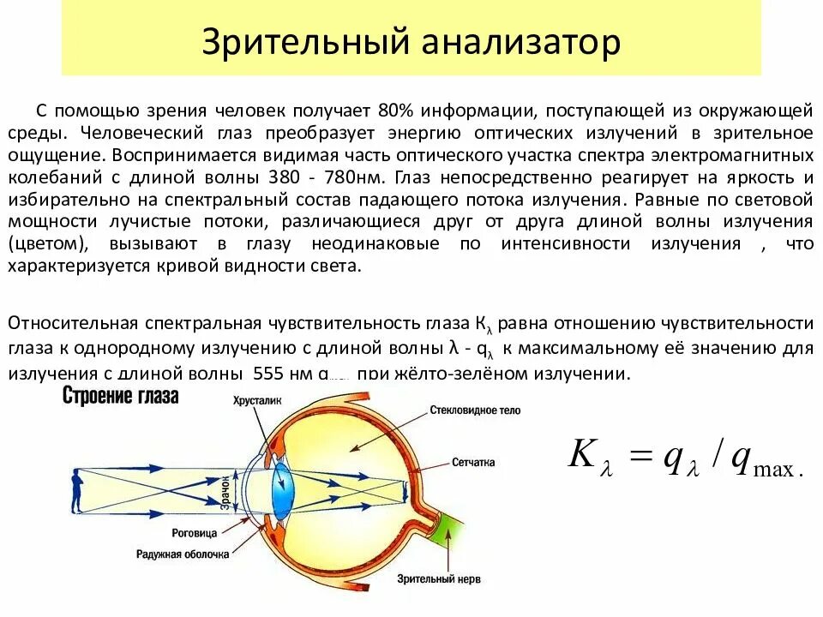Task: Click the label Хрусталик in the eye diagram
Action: [257, 399]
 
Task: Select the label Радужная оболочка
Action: [183, 554]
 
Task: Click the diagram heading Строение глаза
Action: [120, 396]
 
